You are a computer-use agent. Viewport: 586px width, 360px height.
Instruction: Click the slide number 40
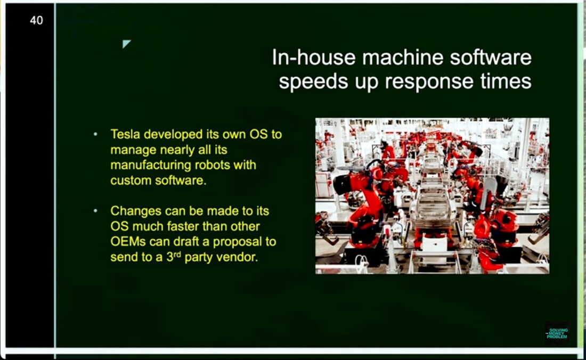36,20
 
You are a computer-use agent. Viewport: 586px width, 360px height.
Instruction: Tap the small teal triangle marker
126,43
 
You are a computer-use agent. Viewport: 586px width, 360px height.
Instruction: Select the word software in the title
490,58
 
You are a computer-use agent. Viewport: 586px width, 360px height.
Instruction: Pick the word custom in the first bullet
131,181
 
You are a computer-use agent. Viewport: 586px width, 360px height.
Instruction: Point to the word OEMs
128,242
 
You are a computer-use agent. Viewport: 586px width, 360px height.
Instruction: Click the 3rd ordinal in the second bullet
174,257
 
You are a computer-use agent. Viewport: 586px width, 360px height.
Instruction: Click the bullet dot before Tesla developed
96,134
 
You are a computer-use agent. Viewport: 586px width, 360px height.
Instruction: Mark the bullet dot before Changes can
96,211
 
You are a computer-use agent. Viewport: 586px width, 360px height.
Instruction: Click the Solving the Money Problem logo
557,333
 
